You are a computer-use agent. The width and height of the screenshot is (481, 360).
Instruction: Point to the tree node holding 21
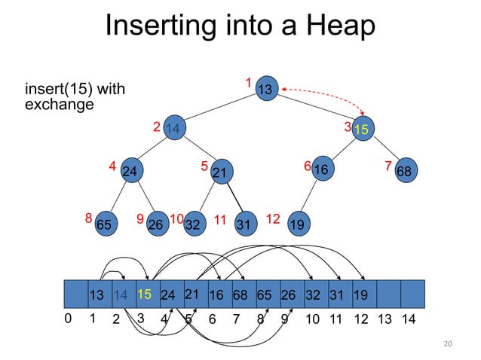pos(220,172)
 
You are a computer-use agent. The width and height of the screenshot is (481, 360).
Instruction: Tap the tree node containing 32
pos(194,224)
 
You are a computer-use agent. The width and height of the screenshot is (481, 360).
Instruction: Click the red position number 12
pos(273,219)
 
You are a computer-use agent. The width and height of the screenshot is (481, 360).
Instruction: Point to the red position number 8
pos(88,218)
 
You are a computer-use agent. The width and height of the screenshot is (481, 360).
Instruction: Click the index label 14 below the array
pos(409,319)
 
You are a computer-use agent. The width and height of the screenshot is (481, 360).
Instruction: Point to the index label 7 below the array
pos(237,319)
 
